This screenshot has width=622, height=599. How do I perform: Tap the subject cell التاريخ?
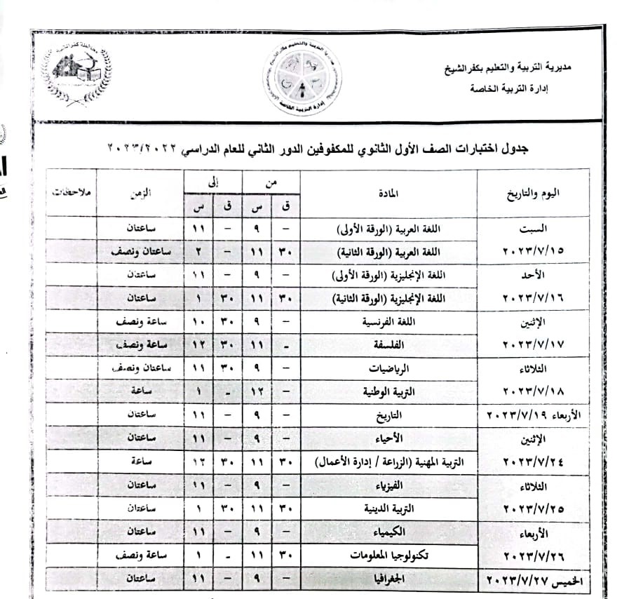(388, 414)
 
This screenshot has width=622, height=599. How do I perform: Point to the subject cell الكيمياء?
(390, 532)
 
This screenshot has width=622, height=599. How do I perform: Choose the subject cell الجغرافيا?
(388, 579)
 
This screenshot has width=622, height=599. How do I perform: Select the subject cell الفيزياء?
(389, 485)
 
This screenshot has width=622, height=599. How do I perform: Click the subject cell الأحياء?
(390, 438)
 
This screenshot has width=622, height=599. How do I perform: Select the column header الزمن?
(140, 191)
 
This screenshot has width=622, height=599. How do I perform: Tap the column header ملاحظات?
(70, 191)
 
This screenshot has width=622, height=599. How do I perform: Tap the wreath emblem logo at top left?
(76, 74)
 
